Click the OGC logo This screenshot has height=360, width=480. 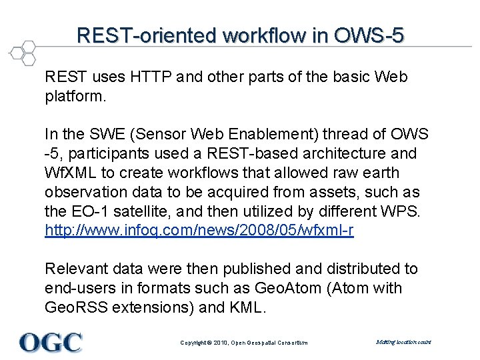(51, 342)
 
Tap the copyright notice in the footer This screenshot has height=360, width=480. (244, 343)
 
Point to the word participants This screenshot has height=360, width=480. (101, 154)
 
